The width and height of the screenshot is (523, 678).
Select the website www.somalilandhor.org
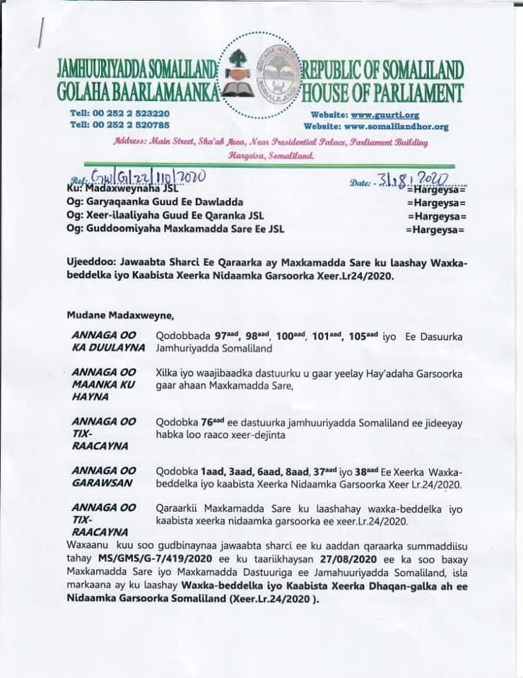400,126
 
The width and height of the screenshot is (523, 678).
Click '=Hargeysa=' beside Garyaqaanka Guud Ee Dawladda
432,203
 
